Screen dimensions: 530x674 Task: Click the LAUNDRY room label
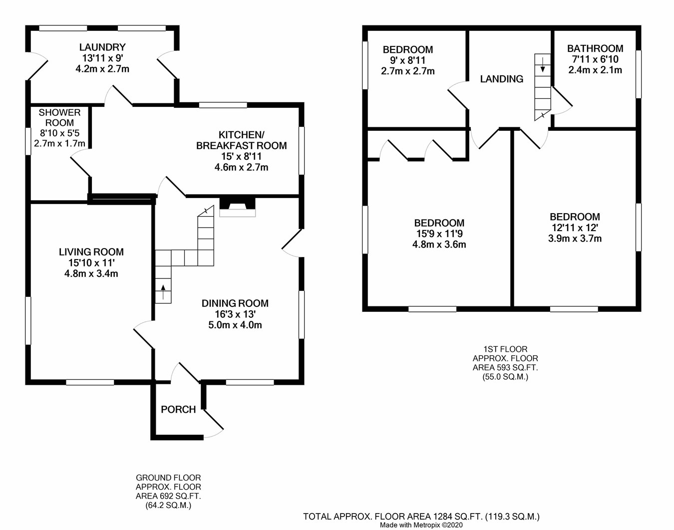tap(102, 47)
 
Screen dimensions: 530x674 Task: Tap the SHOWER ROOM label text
tap(59, 118)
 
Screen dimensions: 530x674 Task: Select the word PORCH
tap(178, 410)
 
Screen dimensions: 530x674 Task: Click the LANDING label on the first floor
tap(501, 79)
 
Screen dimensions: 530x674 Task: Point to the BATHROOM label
tap(595, 48)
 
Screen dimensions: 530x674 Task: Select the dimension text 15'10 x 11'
tap(91, 263)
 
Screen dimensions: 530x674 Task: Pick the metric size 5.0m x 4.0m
tap(235, 325)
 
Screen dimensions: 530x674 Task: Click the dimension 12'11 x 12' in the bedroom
tap(575, 228)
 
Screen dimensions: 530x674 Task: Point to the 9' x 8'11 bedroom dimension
tap(407, 60)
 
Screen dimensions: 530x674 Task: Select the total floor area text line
tap(421, 517)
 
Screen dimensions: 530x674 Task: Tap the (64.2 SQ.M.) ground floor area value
tap(168, 505)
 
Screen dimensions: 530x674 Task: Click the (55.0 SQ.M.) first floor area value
tap(505, 377)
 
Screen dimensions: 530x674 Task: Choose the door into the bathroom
tap(561, 98)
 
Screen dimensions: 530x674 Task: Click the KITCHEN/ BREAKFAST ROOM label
tap(241, 140)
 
